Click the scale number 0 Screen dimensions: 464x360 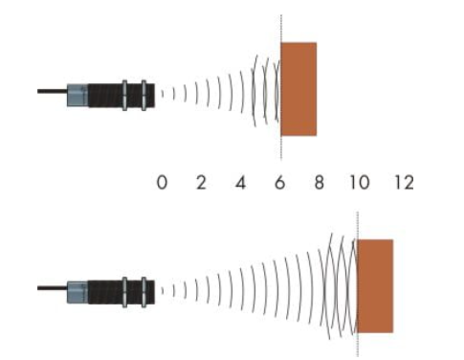tap(162, 183)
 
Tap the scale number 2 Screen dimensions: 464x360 tap(201, 183)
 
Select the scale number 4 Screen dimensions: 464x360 tap(241, 183)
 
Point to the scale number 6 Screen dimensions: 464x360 tap(279, 183)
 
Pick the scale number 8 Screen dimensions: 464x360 tap(320, 183)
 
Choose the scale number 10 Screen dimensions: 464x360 tap(360, 183)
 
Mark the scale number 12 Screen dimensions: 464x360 tap(405, 183)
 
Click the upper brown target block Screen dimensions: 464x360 tap(298, 89)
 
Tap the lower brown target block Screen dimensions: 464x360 tap(375, 286)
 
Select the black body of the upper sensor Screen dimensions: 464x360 tap(122, 95)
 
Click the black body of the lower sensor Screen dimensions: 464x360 tap(122, 292)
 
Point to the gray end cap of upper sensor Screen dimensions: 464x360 tap(77, 95)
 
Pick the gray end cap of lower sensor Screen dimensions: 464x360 tap(77, 292)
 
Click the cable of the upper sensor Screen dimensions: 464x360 tap(53, 91)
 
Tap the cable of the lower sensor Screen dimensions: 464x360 tap(53, 288)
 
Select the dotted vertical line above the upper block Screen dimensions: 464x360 tap(281, 28)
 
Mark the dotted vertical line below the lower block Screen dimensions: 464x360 tap(358, 345)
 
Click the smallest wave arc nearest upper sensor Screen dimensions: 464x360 tap(163, 94)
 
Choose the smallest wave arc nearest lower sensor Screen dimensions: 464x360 tap(163, 291)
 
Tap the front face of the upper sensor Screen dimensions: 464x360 tap(154, 95)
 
